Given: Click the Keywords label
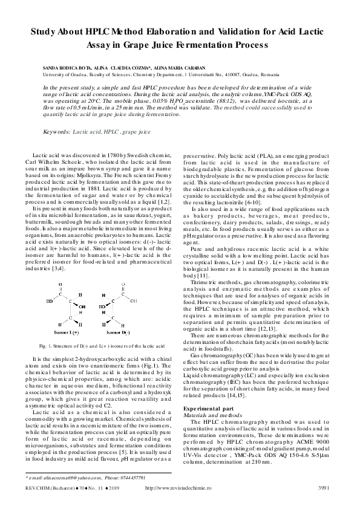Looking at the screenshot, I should pyautogui.click(x=56, y=131).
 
